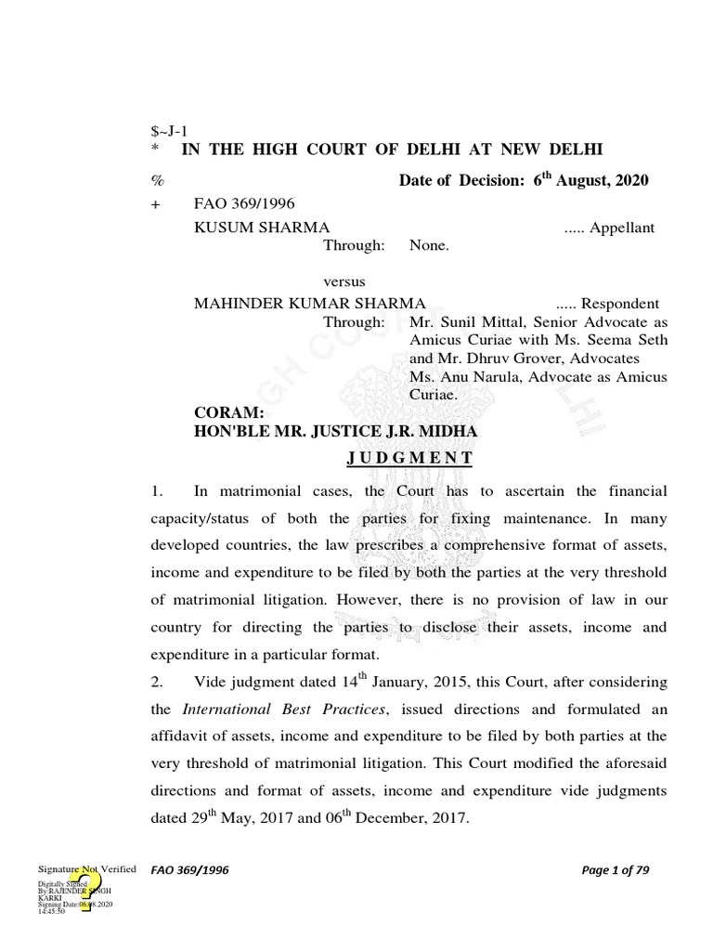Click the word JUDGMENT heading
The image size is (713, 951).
pyautogui.click(x=409, y=458)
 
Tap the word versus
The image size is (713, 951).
pyautogui.click(x=344, y=281)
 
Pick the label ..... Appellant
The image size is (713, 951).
pyautogui.click(x=609, y=228)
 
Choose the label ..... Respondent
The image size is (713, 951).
pyautogui.click(x=607, y=304)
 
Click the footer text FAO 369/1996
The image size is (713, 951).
pyautogui.click(x=189, y=870)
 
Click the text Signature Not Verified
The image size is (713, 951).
pyautogui.click(x=87, y=868)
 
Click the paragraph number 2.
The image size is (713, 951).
pyautogui.click(x=157, y=682)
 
